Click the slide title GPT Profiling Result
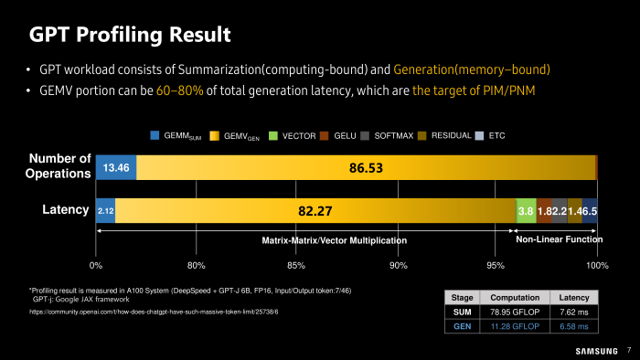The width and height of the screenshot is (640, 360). click(x=130, y=35)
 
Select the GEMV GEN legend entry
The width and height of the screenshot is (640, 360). click(x=235, y=136)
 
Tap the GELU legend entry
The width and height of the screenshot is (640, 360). click(x=340, y=136)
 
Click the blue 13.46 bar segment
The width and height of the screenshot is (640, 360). click(x=116, y=168)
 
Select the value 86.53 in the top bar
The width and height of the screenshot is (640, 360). click(x=366, y=168)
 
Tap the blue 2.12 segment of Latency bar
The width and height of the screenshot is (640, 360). click(x=105, y=211)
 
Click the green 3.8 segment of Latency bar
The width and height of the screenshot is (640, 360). click(x=526, y=211)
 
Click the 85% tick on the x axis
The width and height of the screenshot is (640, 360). click(x=296, y=265)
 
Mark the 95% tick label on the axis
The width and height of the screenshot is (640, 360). click(x=496, y=265)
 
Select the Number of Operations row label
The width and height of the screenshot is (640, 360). click(x=60, y=165)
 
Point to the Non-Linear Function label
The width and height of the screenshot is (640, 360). click(x=559, y=239)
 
